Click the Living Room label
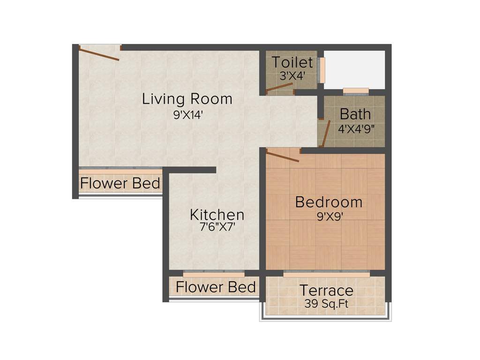[x=187, y=99]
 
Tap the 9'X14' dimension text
[x=187, y=115]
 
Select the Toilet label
[x=292, y=62]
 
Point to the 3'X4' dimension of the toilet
[x=292, y=75]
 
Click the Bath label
[x=355, y=114]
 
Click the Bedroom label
[x=329, y=202]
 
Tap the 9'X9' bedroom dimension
[x=329, y=217]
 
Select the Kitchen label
[x=217, y=215]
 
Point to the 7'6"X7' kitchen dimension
[x=217, y=228]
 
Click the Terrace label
[x=326, y=290]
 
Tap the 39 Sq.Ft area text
[x=326, y=304]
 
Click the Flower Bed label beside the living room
[x=120, y=183]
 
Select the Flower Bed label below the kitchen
[x=216, y=287]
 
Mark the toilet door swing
[x=279, y=88]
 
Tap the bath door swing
[x=326, y=134]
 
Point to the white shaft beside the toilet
[x=354, y=69]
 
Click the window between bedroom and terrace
[x=326, y=272]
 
